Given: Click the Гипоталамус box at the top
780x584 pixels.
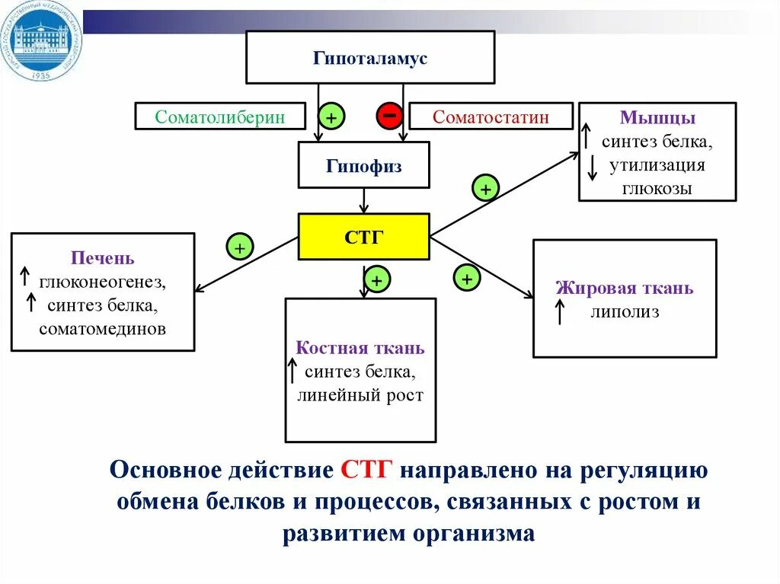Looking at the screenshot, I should tap(370, 58).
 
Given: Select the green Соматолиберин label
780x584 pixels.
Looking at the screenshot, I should tap(220, 116).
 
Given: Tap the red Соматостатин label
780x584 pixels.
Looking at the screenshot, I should tap(491, 116).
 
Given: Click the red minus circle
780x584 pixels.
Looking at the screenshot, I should tap(388, 116).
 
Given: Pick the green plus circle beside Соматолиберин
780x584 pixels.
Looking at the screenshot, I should tap(331, 117).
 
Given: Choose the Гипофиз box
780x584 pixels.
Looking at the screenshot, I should tap(363, 165).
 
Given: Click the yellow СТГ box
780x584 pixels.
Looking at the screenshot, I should tap(363, 237).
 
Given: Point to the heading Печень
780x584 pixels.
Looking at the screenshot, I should tap(103, 258).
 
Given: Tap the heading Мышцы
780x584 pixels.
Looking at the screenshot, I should tap(657, 118).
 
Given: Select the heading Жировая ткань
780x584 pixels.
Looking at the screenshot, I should tap(624, 288).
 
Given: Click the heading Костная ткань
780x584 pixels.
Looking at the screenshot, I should tap(360, 348).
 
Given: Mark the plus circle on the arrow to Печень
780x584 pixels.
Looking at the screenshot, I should tap(239, 248).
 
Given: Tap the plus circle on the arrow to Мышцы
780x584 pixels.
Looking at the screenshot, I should tap(485, 187).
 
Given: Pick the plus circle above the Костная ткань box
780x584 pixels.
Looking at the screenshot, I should tap(376, 280).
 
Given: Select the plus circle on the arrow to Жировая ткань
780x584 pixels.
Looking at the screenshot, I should tap(467, 279).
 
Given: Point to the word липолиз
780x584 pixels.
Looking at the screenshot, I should tap(624, 312).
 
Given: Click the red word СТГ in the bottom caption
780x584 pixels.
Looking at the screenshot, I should tap(366, 470).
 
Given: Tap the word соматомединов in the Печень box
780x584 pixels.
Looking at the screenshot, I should tap(103, 328).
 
